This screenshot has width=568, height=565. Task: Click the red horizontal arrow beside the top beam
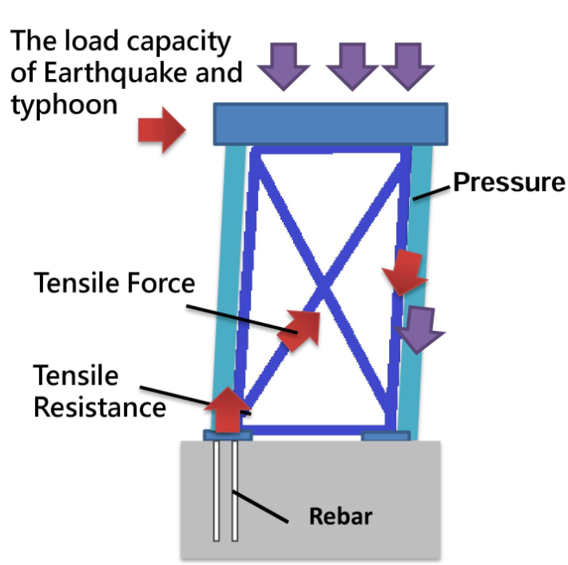coord(161,129)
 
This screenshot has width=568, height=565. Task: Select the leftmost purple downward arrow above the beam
coord(282,63)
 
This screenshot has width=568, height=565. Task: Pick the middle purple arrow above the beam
coord(352,63)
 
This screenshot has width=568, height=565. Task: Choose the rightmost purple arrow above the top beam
coord(408,63)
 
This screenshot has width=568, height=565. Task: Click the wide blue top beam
coord(330,124)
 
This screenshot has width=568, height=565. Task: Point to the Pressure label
coord(509,182)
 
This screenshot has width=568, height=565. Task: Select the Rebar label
coord(341,515)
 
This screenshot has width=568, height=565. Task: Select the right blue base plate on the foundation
coord(386,436)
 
